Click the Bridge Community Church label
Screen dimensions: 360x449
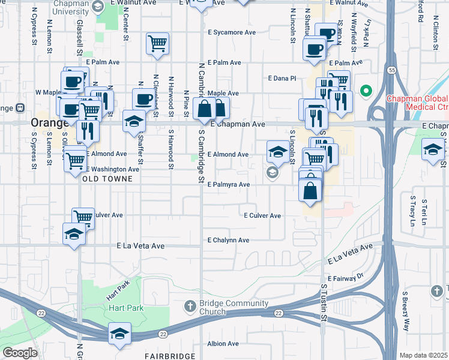[221, 307]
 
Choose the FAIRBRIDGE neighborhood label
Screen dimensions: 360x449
[170, 356]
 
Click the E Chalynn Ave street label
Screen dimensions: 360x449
[228, 240]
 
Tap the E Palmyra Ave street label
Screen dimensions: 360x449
[228, 185]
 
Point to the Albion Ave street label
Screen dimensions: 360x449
[223, 344]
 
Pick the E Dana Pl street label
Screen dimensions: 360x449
[282, 78]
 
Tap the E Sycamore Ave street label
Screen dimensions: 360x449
[231, 32]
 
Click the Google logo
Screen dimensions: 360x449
[20, 352]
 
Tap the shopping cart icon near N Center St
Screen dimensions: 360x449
[157, 43]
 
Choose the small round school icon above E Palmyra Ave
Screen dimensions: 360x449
[273, 173]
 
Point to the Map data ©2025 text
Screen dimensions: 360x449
[424, 355]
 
